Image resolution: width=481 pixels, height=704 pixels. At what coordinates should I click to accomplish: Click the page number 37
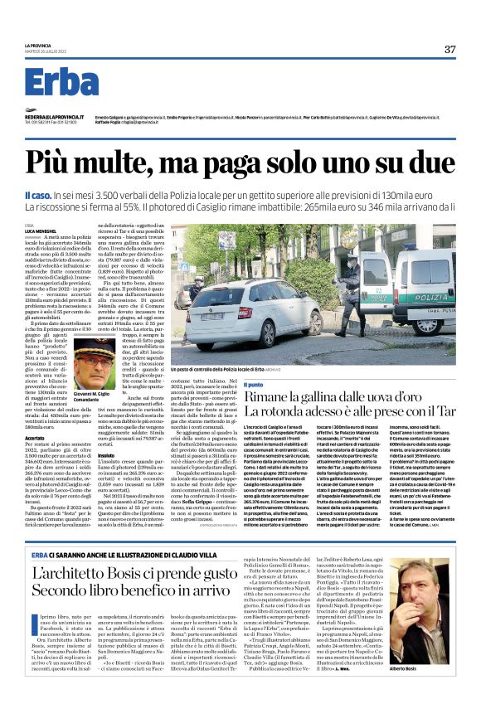tap(449, 49)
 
